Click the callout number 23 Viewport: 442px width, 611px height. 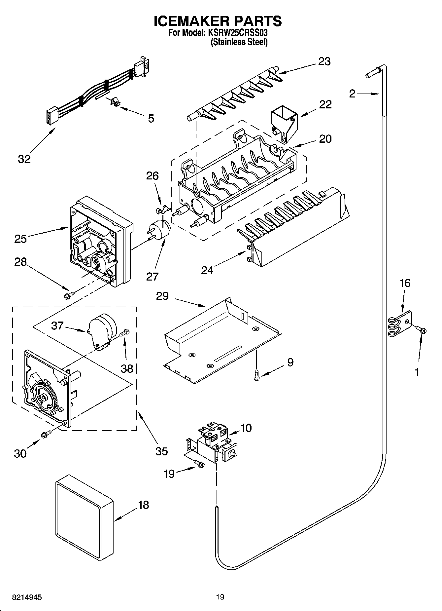[324, 61]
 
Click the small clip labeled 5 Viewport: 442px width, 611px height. [114, 102]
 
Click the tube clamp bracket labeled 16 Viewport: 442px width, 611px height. [400, 324]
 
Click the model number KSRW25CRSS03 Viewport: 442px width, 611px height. [237, 33]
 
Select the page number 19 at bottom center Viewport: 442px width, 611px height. [220, 597]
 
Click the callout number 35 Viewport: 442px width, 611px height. [161, 451]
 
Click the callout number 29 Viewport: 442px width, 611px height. [162, 296]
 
